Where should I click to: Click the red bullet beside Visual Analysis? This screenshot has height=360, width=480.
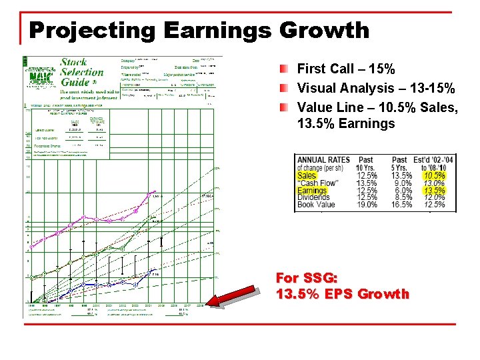pyautogui.click(x=285, y=88)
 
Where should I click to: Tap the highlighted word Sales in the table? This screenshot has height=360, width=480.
pyautogui.click(x=307, y=175)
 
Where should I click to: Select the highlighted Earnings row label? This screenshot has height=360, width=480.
pyautogui.click(x=312, y=191)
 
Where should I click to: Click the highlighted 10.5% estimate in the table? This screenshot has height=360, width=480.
pyautogui.click(x=434, y=175)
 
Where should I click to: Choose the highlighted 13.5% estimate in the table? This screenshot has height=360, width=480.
pyautogui.click(x=434, y=191)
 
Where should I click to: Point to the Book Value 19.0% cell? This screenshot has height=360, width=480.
pyautogui.click(x=367, y=205)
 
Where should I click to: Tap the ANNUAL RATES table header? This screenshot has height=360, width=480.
pyautogui.click(x=324, y=160)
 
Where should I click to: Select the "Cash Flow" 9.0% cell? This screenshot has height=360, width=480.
pyautogui.click(x=402, y=183)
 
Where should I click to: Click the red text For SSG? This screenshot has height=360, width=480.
pyautogui.click(x=307, y=278)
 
